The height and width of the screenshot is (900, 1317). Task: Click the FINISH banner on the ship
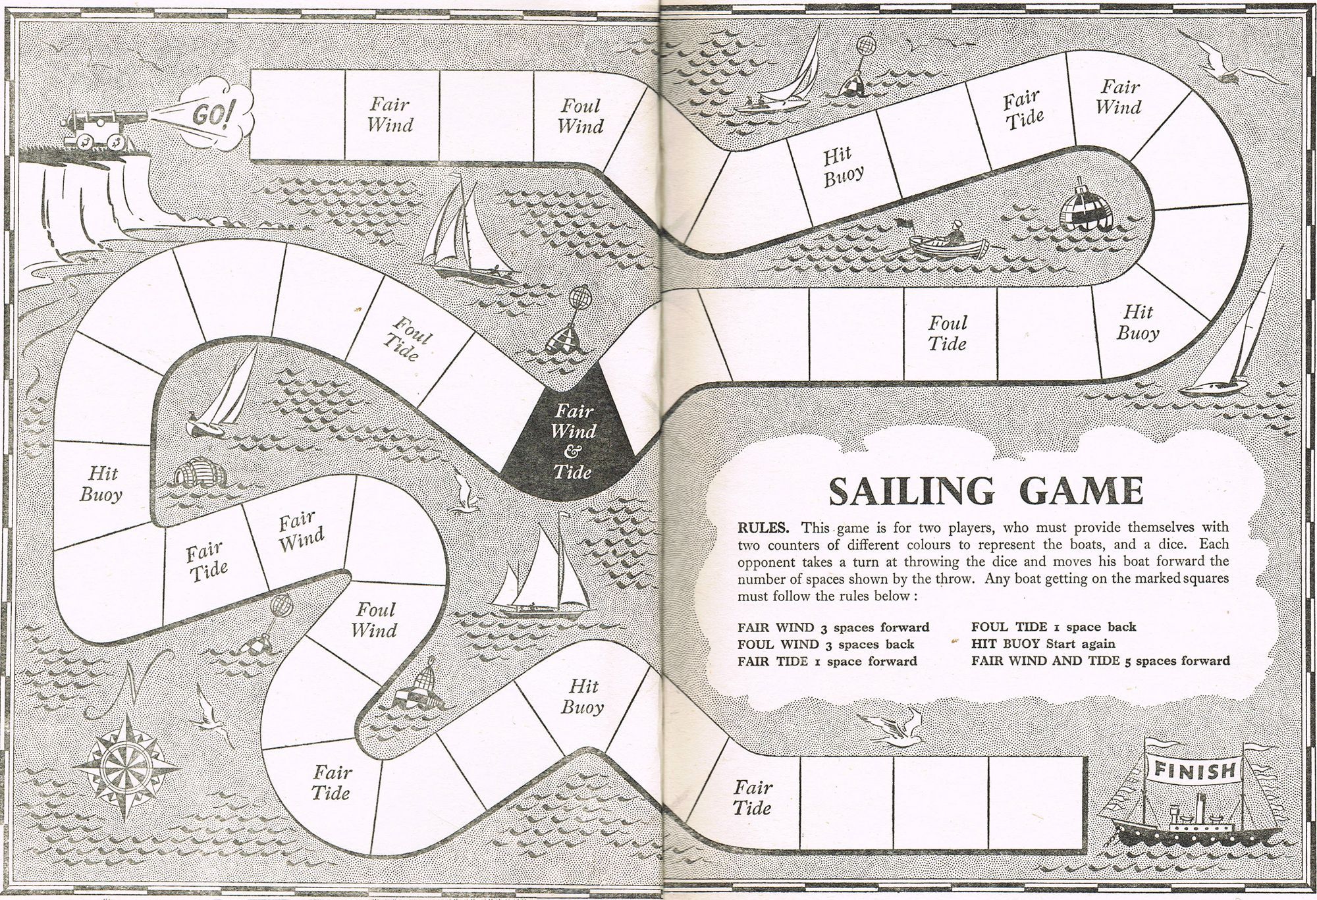pos(1193,770)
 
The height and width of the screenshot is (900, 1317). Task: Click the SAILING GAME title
pos(984,490)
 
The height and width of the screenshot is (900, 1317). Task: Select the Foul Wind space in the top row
pos(579,116)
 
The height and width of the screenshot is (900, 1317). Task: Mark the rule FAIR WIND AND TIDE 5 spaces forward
pos(1100,660)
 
